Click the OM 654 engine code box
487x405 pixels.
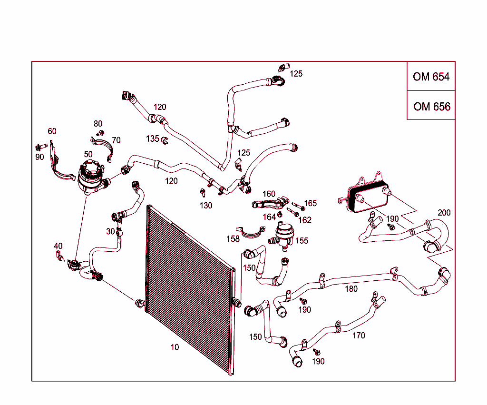(x=431, y=77)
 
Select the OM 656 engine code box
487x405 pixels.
(x=431, y=106)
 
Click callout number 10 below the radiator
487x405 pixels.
(x=175, y=347)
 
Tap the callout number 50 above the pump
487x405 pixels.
(x=88, y=154)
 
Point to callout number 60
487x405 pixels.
(x=52, y=131)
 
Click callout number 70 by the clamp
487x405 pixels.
(x=116, y=140)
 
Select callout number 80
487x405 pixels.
(x=98, y=124)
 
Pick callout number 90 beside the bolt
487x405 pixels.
(x=39, y=157)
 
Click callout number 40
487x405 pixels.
(x=58, y=246)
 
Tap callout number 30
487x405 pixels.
(x=110, y=231)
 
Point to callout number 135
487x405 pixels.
(x=153, y=138)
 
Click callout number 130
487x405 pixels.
(x=206, y=206)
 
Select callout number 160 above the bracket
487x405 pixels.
(x=269, y=194)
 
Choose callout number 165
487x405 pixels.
(x=310, y=203)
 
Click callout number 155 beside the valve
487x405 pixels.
(x=302, y=240)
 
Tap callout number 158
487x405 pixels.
(x=233, y=239)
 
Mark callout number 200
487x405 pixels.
(x=444, y=213)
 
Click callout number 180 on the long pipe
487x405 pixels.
(x=351, y=288)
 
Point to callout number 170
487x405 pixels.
(x=359, y=336)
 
